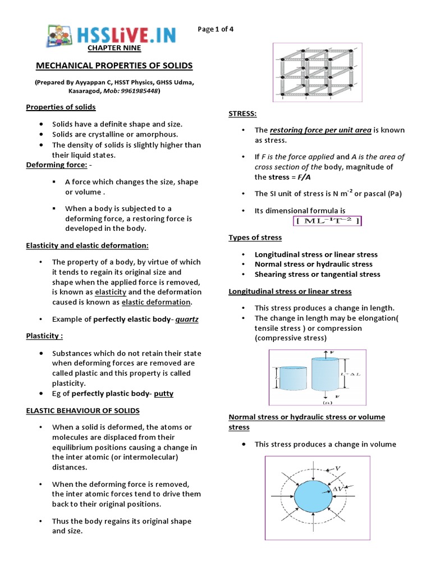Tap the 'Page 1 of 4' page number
click(x=216, y=30)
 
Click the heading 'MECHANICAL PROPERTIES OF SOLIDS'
click(x=114, y=66)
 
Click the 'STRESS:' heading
click(x=242, y=113)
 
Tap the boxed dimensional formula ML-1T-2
click(x=328, y=221)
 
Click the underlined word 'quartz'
click(x=187, y=319)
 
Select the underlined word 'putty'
click(x=163, y=394)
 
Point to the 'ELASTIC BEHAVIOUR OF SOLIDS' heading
click(x=83, y=410)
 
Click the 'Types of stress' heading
click(x=255, y=238)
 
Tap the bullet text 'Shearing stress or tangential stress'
click(x=317, y=274)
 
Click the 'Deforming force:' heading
click(x=57, y=165)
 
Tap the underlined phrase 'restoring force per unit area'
click(x=320, y=130)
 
